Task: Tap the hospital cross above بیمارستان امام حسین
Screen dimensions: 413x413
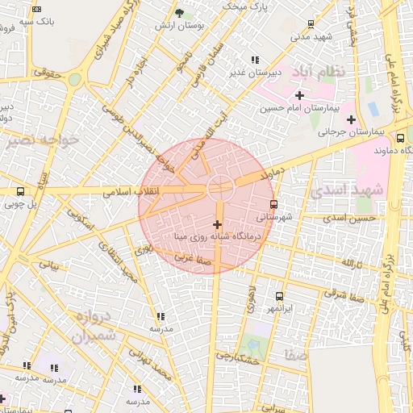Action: (x=299, y=95)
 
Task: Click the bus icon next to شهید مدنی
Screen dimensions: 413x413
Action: (x=311, y=25)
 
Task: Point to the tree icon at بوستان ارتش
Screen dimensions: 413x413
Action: (x=179, y=14)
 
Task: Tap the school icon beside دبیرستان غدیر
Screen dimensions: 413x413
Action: (x=256, y=59)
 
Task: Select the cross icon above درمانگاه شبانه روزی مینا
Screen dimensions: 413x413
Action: (x=217, y=223)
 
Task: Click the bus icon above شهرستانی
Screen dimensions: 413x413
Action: (x=274, y=204)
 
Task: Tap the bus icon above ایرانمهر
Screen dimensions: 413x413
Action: (x=280, y=296)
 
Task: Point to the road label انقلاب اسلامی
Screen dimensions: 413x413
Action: (x=131, y=192)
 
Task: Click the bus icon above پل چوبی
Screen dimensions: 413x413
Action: (x=20, y=191)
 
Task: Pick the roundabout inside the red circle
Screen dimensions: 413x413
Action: (x=220, y=187)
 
